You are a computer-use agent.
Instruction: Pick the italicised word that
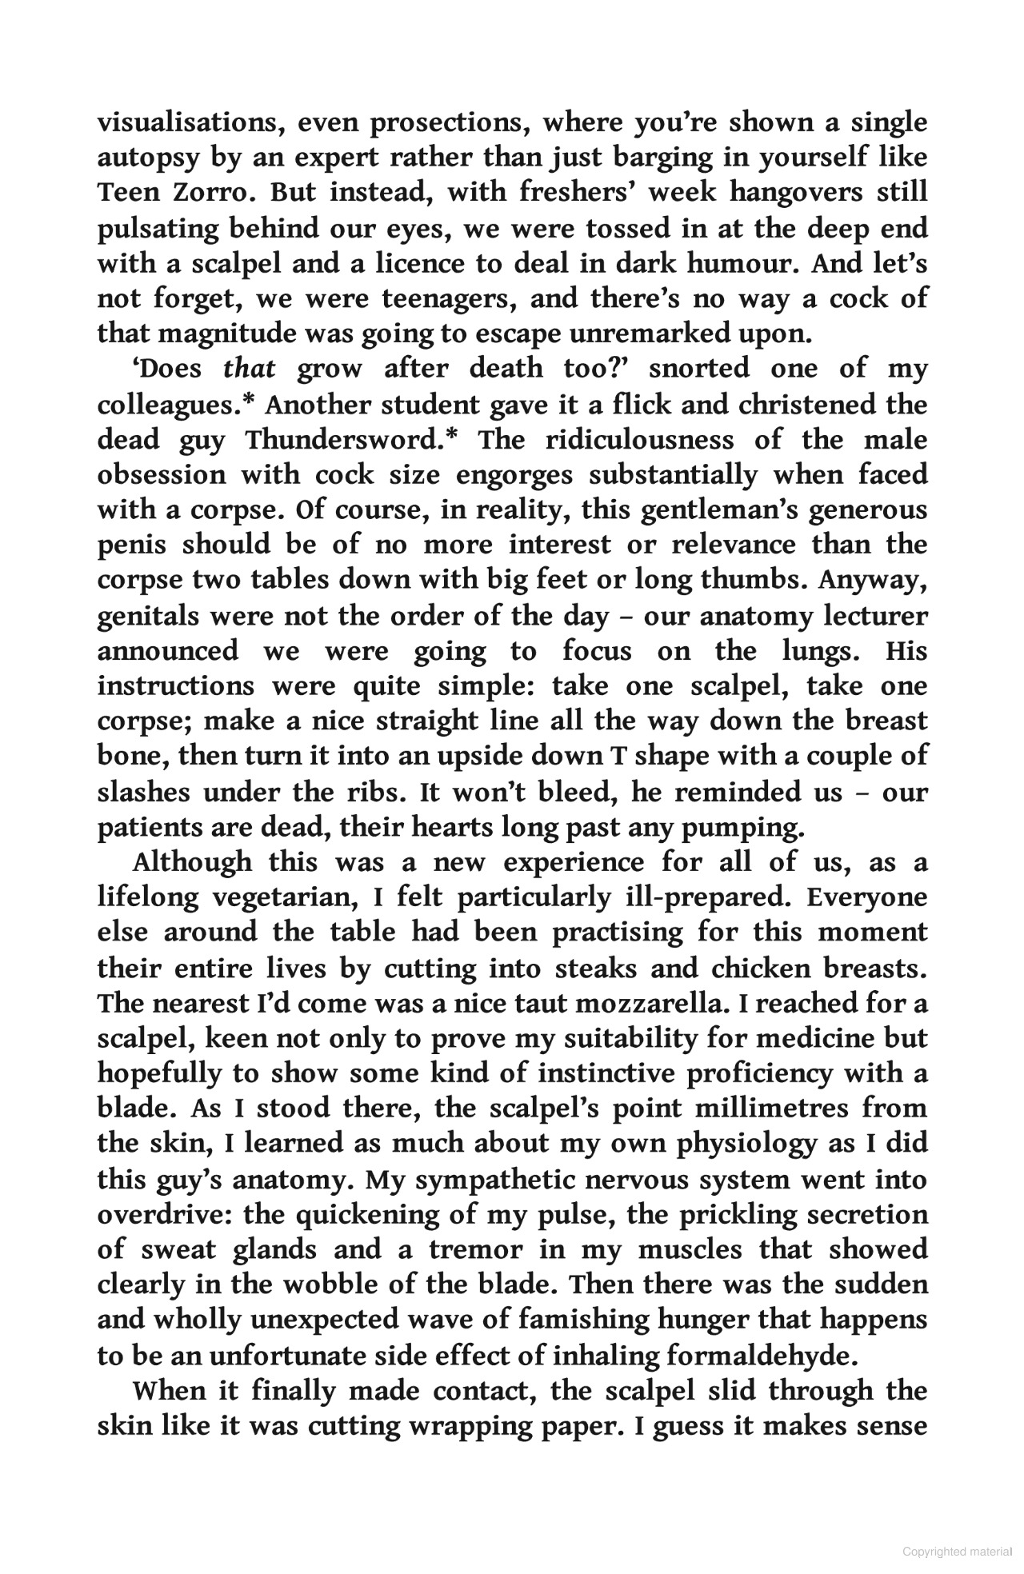[249, 369]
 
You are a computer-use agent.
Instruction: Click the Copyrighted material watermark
[956, 1552]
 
